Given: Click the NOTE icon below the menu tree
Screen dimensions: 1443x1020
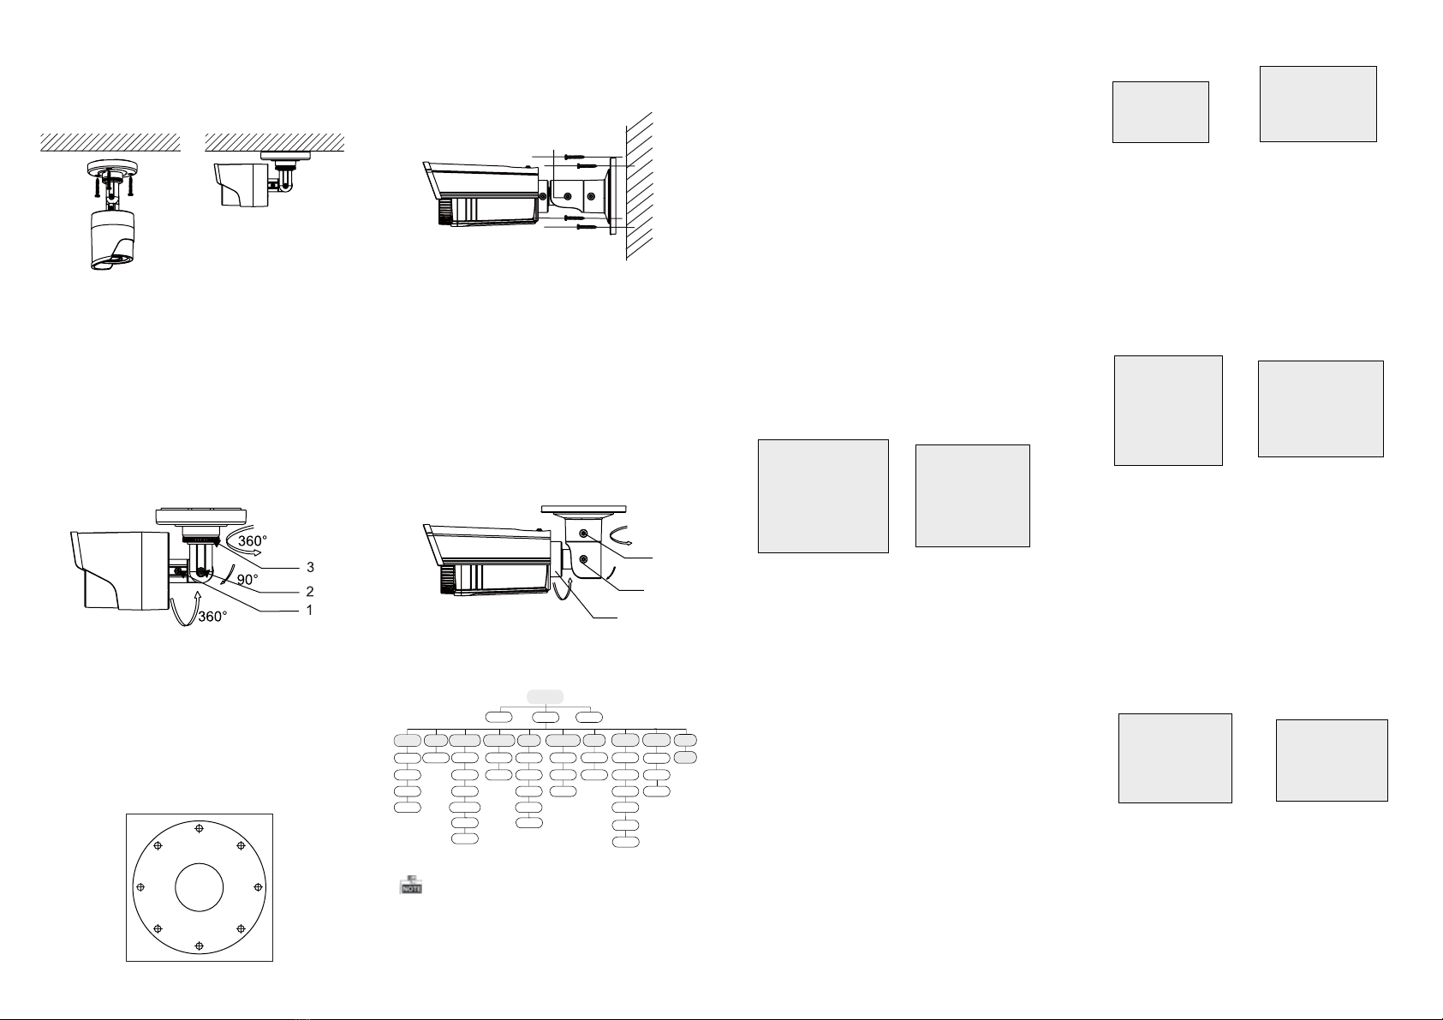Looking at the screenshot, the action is pos(410,885).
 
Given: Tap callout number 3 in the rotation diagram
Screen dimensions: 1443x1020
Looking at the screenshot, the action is pos(310,567).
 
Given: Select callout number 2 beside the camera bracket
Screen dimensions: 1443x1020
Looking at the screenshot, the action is pos(310,591).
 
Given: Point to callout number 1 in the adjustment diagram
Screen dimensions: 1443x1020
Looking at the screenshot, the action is pos(310,610).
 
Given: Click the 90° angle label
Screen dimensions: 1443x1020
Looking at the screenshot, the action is pos(247,579).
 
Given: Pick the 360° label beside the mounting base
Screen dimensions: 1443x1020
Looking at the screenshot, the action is pos(253,540).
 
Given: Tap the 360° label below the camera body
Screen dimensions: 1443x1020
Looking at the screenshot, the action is pos(212,617).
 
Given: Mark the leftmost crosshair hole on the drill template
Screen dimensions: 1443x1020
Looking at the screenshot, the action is pos(140,887).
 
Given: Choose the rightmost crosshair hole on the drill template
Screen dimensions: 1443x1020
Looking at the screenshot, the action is pos(259,887).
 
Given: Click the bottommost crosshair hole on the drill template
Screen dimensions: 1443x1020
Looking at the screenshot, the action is pos(199,945).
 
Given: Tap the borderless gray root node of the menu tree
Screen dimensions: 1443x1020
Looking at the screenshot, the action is pos(545,696).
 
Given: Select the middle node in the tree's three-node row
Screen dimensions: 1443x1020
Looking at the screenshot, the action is pos(546,717).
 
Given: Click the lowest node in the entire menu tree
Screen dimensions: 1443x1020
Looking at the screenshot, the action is pos(625,842).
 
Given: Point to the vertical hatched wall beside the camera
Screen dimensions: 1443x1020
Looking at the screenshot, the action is pos(639,186).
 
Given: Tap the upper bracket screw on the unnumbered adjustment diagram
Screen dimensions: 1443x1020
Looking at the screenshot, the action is pos(583,534).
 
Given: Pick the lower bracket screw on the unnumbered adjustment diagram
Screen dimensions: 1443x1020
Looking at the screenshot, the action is pos(583,558).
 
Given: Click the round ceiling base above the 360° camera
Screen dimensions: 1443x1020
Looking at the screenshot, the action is pos(200,516).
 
